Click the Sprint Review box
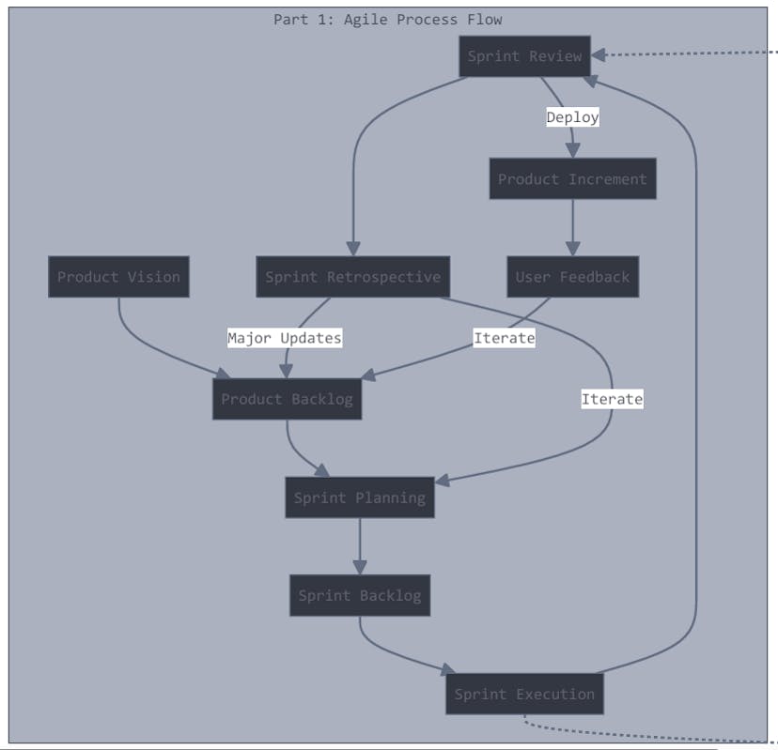524,56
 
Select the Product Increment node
572,179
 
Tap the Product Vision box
118,277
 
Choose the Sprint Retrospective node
352,277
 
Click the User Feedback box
572,277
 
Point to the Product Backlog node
287,399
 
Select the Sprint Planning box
359,497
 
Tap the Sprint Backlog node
359,595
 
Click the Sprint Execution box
524,695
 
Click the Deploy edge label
572,117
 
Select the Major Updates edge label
285,337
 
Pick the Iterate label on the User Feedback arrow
504,337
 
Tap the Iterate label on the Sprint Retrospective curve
612,399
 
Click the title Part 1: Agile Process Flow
387,19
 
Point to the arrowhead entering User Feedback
572,249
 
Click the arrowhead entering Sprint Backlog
359,567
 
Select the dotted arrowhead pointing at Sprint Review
599,55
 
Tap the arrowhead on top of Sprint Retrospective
352,249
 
